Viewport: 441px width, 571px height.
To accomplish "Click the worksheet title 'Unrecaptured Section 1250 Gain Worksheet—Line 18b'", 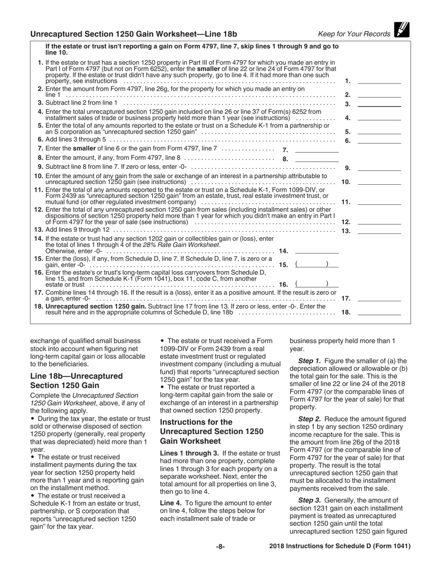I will point(134,34).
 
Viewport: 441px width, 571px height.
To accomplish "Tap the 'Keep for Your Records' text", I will point(354,34).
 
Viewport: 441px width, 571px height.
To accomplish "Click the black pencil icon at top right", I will point(402,30).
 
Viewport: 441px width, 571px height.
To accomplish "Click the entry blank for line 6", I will point(379,141).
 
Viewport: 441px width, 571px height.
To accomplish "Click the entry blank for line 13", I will point(379,231).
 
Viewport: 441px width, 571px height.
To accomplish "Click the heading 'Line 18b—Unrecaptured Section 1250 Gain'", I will point(77,381).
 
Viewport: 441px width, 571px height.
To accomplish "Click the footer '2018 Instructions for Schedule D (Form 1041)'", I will point(340,546).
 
